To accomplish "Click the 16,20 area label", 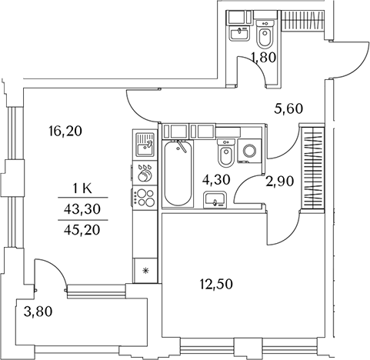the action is pos(65,132).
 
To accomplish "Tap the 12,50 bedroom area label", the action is pos(216,285).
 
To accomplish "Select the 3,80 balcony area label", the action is pos(38,312).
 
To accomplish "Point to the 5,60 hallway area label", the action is pos(288,108).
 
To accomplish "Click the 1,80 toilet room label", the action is pos(263,57).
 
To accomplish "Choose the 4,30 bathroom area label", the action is pos(216,180).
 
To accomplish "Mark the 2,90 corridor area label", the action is pos(279,182).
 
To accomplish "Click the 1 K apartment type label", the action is pos(82,189).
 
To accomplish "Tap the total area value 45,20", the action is pos(82,230).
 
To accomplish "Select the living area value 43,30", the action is pos(82,209).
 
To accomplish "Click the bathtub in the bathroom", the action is pos(178,173).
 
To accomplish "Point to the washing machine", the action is pos(249,151).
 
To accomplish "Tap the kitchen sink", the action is pos(145,145).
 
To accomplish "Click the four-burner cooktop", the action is pos(145,198).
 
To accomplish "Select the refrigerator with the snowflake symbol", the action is pos(145,270).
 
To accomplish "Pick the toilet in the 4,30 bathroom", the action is pos(226,153).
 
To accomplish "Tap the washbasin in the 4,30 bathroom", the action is pos(215,200).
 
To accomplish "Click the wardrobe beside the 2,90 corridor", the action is pos(312,168).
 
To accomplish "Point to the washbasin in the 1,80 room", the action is pos(239,33).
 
